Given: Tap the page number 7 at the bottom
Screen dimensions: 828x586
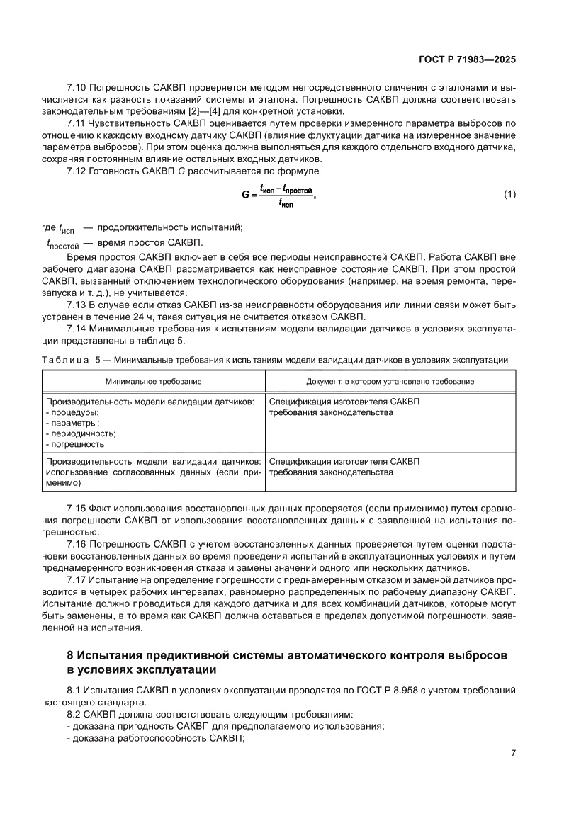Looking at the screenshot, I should [x=512, y=754].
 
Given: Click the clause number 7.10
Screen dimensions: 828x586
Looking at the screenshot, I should [x=77, y=87].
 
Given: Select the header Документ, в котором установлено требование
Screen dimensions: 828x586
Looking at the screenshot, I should [x=390, y=381].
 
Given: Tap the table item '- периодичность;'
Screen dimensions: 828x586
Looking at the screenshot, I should [x=80, y=433].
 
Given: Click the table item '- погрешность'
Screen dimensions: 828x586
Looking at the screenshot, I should [x=75, y=444].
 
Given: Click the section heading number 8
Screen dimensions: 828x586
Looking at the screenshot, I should [x=70, y=655].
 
